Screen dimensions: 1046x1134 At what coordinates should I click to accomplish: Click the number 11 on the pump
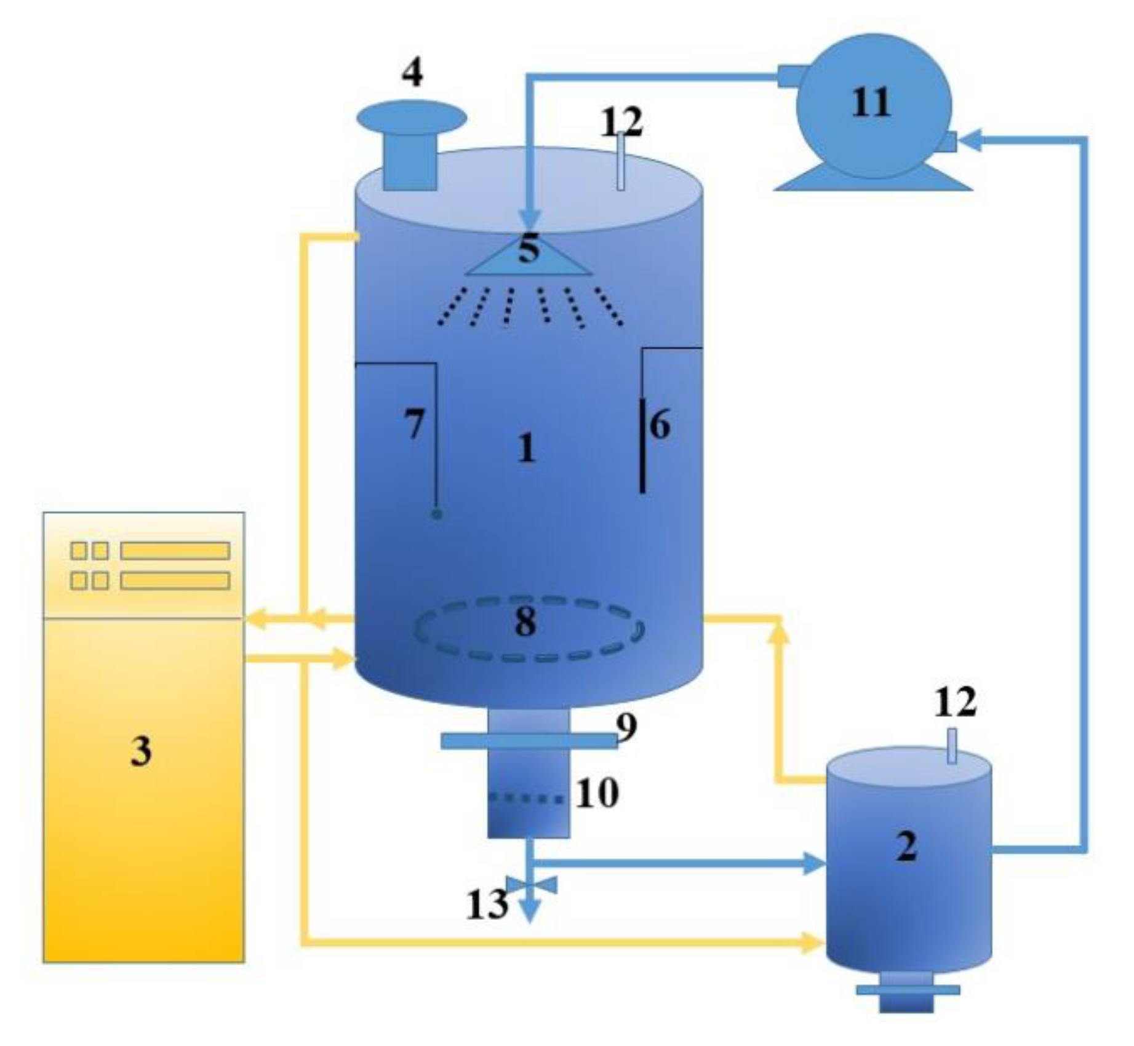click(x=871, y=103)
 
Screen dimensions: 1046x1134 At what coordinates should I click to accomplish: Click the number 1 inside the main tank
click(x=526, y=448)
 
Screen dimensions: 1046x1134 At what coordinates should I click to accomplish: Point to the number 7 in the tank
click(x=414, y=424)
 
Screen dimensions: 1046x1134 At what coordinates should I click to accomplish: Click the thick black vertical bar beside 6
click(x=642, y=445)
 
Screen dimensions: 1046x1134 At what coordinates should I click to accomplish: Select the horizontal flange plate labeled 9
click(x=529, y=741)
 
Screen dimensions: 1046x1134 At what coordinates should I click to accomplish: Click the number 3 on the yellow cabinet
click(x=141, y=751)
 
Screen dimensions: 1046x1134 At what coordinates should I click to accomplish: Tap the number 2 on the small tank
click(x=906, y=847)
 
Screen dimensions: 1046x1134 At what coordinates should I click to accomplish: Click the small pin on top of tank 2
click(x=952, y=746)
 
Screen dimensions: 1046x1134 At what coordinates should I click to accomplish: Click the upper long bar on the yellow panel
click(x=175, y=551)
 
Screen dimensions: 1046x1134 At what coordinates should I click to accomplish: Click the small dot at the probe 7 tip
click(x=437, y=514)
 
